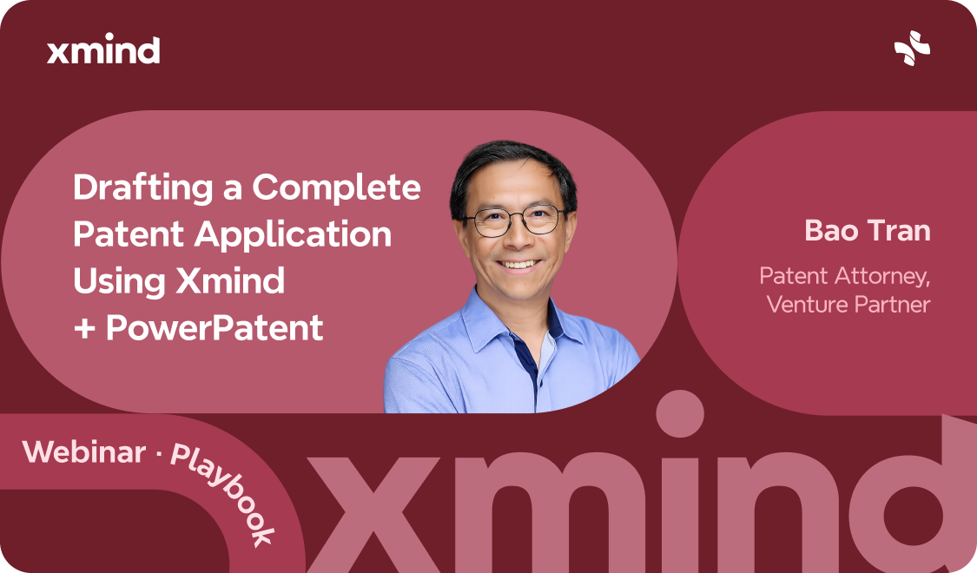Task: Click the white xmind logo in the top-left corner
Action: [103, 50]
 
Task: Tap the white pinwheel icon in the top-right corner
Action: [912, 49]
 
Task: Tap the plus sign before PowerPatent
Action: [84, 329]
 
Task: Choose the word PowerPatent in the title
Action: [215, 328]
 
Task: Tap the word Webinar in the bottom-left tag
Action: [84, 451]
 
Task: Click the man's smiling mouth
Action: [518, 263]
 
